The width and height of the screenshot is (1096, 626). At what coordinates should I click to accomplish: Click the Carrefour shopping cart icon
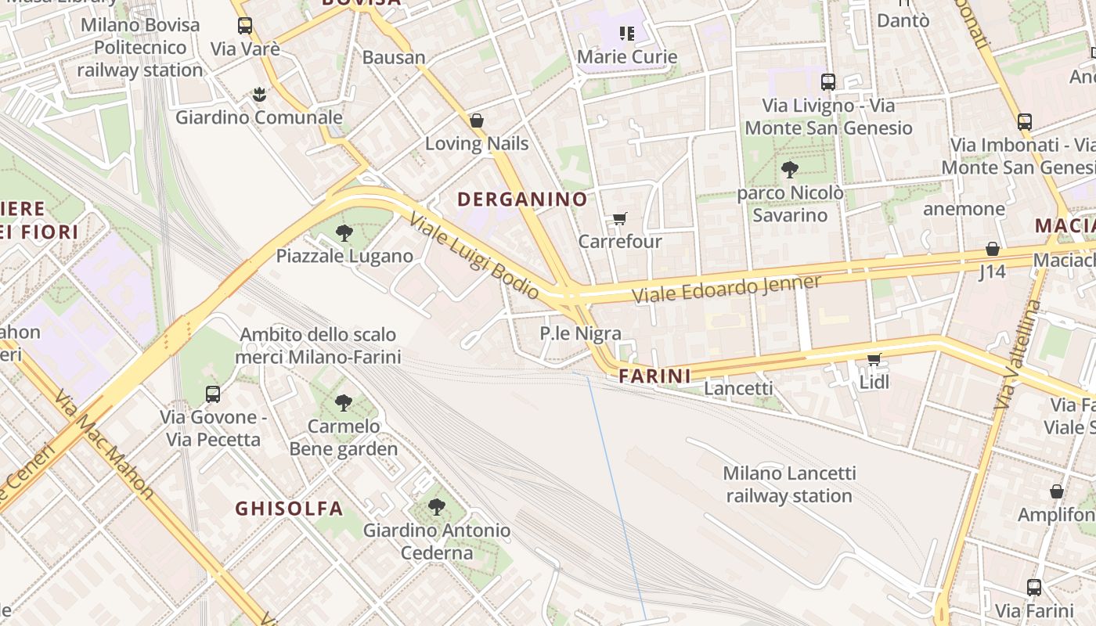(619, 218)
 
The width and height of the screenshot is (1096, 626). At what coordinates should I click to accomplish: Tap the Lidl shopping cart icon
(874, 359)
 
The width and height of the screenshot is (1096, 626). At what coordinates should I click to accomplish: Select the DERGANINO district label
(522, 199)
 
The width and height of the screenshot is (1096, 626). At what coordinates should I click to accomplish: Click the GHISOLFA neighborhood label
(289, 509)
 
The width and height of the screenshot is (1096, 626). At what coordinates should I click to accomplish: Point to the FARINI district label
(654, 376)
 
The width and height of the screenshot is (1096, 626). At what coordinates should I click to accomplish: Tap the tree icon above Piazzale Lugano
(344, 232)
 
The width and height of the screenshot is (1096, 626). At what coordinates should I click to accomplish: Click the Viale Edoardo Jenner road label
(726, 289)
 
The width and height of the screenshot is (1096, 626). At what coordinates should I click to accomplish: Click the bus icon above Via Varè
(245, 26)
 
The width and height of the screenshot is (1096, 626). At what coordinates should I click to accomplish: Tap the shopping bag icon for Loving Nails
(476, 121)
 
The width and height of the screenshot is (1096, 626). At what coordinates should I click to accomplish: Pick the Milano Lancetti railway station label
(789, 484)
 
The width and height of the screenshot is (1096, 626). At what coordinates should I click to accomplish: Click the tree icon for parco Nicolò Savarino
(790, 169)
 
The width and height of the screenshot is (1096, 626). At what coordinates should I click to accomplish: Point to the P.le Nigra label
(580, 333)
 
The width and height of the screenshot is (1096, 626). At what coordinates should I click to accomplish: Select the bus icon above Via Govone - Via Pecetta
(213, 394)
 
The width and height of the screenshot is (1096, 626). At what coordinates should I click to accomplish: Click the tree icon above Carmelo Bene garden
(343, 403)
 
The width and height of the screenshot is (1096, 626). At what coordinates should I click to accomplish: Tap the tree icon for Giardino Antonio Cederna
(437, 507)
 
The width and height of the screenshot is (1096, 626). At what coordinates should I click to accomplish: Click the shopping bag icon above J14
(992, 249)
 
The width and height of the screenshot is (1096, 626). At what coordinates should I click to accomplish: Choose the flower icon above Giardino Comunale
(258, 95)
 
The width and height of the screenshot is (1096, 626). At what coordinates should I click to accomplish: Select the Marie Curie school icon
(626, 33)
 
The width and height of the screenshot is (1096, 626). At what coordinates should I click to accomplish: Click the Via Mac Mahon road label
(104, 442)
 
